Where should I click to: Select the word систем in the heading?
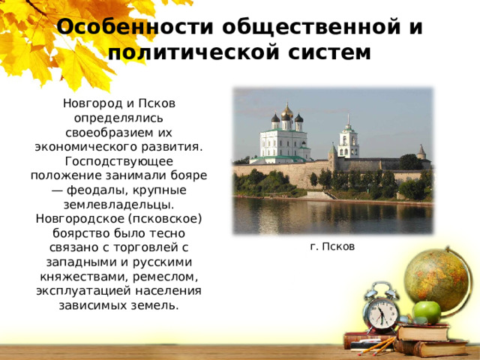(329, 52)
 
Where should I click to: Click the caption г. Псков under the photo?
(332, 247)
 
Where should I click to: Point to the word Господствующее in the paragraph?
(119, 161)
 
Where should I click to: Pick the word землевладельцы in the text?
(118, 205)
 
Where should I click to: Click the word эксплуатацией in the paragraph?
(84, 291)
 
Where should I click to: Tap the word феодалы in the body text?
(95, 190)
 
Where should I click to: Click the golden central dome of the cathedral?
(287, 111)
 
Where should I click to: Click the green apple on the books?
(427, 312)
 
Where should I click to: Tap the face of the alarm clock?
(382, 314)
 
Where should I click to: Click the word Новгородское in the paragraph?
(79, 220)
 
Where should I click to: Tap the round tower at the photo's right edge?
(421, 152)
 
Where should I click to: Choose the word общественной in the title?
(311, 27)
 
